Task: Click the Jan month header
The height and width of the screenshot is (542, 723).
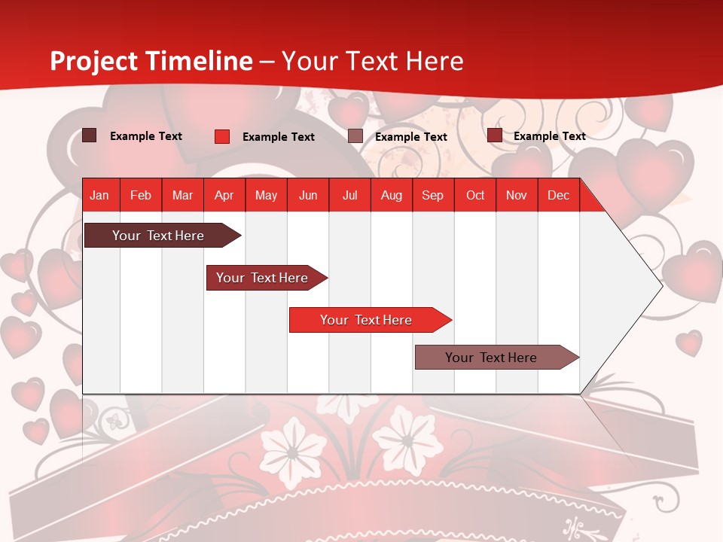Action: pyautogui.click(x=99, y=195)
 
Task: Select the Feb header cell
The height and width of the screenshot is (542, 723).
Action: pyautogui.click(x=141, y=195)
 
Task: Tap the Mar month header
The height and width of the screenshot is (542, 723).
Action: pyautogui.click(x=182, y=195)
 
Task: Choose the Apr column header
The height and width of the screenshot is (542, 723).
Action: pyautogui.click(x=224, y=195)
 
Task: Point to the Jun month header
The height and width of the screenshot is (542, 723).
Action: pyautogui.click(x=308, y=195)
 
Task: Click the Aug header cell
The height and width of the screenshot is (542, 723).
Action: pyautogui.click(x=391, y=195)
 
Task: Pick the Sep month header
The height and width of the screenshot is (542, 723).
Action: pyautogui.click(x=432, y=195)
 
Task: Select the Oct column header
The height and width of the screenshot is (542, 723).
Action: pyautogui.click(x=475, y=195)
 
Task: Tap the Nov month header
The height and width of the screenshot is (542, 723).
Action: pyautogui.click(x=517, y=195)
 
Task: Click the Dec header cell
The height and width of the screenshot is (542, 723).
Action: pyautogui.click(x=558, y=195)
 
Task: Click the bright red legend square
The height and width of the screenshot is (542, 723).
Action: pyautogui.click(x=222, y=136)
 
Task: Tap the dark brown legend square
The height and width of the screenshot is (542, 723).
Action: pyautogui.click(x=90, y=135)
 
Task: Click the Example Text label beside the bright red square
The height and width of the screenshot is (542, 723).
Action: pyautogui.click(x=279, y=137)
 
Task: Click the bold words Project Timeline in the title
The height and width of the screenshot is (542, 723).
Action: pyautogui.click(x=151, y=61)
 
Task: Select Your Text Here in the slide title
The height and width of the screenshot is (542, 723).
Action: pyautogui.click(x=373, y=61)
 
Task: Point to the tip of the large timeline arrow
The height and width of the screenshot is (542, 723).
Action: pyautogui.click(x=660, y=285)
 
